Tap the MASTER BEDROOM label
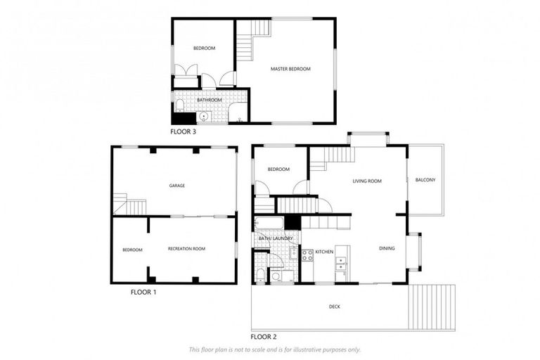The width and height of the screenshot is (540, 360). click(290, 69)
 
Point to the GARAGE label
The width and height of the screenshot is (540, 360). click(176, 186)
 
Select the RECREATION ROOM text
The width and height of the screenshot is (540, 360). click(186, 250)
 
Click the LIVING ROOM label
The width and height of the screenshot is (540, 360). click(367, 181)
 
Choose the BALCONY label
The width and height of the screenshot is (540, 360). click(425, 180)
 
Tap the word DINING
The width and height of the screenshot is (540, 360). click(387, 248)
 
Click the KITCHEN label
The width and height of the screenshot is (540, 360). click(323, 252)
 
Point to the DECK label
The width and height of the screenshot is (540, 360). click(336, 307)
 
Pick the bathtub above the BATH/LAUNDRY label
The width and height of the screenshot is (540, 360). click(269, 224)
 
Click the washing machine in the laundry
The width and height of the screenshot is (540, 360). click(275, 277)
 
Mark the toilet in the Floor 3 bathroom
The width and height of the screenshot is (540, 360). click(180, 105)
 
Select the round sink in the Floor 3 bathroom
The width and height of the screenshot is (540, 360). click(204, 117)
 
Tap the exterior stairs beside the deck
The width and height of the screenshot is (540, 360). click(432, 307)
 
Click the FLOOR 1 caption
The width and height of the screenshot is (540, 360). click(143, 291)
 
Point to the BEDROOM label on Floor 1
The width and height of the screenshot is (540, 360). click(132, 250)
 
